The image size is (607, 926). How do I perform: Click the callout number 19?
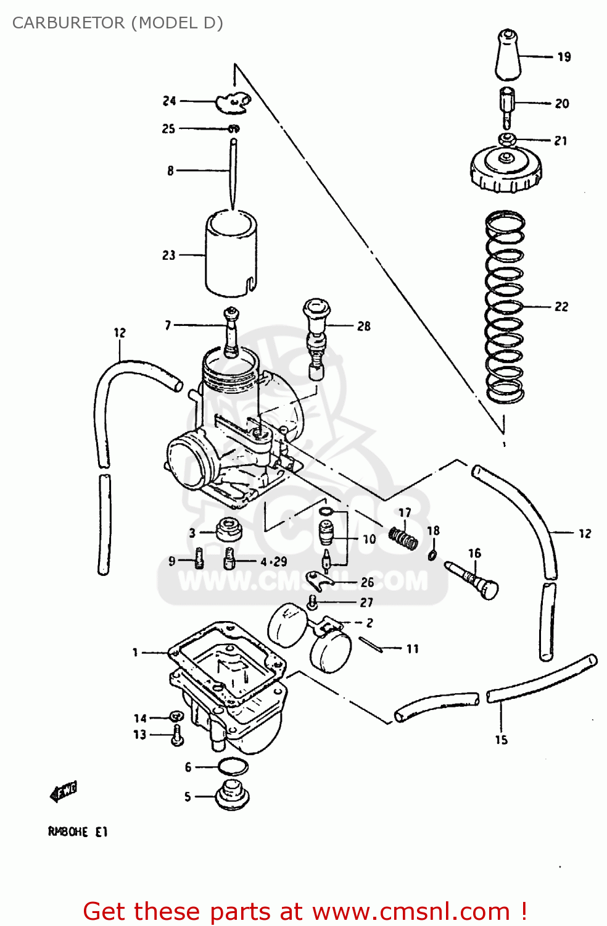[564, 57]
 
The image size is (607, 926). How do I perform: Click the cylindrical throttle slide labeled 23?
[231, 253]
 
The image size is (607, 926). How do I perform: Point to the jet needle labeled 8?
[233, 173]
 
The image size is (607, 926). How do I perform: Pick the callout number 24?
[169, 101]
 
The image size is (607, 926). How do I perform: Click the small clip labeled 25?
[234, 129]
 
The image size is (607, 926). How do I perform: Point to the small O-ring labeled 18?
[432, 554]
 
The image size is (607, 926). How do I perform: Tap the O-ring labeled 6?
[233, 767]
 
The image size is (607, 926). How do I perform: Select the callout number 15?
[501, 740]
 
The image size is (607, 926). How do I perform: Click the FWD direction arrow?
[64, 791]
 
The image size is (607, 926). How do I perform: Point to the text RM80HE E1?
[78, 832]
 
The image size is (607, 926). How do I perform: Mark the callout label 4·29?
[273, 562]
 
